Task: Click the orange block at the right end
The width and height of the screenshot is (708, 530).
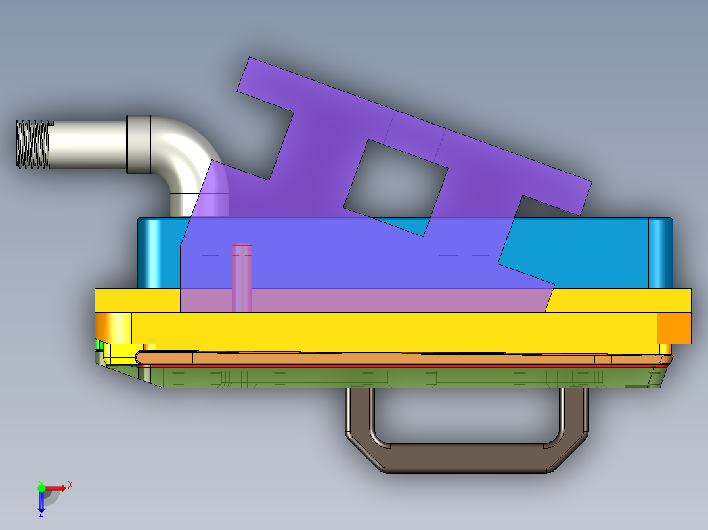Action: tap(674, 328)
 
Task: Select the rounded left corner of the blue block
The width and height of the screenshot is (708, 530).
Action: tap(150, 253)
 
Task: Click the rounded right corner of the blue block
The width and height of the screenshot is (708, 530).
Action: tap(660, 253)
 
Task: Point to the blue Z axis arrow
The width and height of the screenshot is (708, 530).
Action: tap(41, 502)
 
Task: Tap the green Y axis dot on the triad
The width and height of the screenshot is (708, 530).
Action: tap(41, 487)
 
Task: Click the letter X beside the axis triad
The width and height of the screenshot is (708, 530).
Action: tap(70, 485)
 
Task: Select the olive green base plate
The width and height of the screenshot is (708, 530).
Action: tap(394, 378)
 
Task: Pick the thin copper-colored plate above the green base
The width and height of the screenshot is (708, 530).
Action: tap(394, 358)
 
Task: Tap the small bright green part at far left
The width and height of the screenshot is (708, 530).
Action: tap(99, 344)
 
